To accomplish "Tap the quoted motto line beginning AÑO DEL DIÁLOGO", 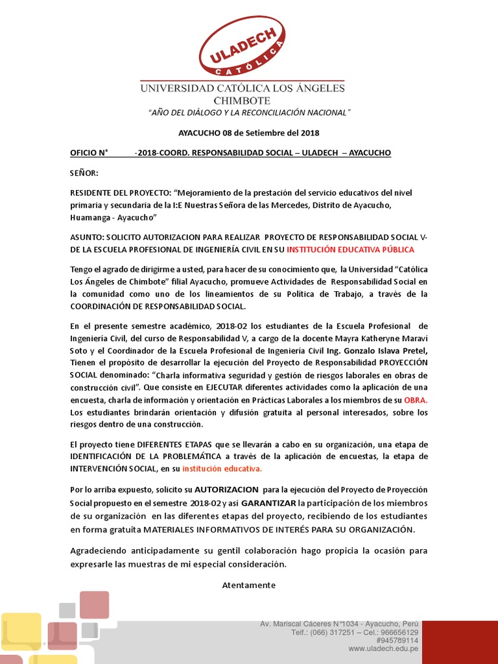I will click(x=249, y=113).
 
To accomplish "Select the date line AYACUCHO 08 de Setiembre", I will click(x=249, y=133).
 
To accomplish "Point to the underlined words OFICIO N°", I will click(x=88, y=153).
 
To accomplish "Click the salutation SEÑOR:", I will click(x=84, y=173).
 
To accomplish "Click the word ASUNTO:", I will click(x=86, y=237).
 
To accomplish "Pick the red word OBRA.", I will click(x=415, y=400).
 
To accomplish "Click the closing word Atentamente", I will click(x=249, y=585).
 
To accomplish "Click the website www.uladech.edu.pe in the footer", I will click(x=383, y=648).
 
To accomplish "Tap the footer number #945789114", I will click(x=397, y=640).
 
